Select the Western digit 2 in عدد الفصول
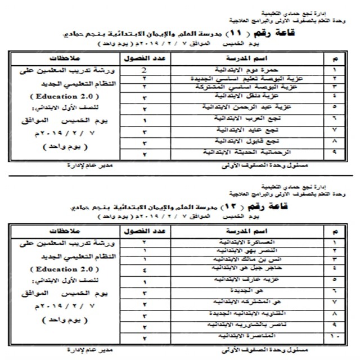click(x=146, y=70)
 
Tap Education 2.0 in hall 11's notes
click(x=58, y=97)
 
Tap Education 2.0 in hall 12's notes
click(x=58, y=269)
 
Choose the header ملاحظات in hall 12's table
click(x=58, y=231)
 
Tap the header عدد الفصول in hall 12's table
click(x=145, y=231)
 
